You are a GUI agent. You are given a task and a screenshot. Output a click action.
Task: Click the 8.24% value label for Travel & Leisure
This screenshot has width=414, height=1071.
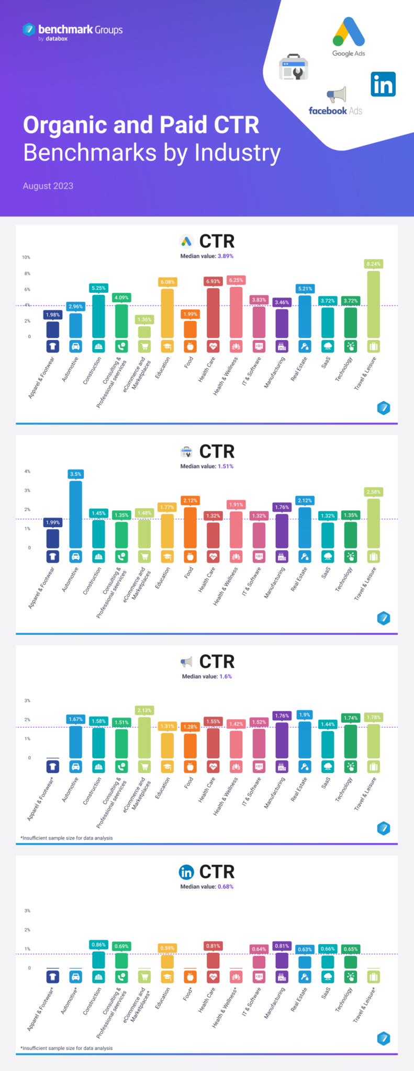coord(373,264)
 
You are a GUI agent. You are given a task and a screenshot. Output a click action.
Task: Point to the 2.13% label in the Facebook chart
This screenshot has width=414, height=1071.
coord(144,710)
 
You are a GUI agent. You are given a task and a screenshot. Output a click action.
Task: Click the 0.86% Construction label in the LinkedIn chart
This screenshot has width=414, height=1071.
coord(98,944)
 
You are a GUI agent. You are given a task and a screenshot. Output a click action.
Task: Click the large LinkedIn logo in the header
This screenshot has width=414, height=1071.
coord(383,85)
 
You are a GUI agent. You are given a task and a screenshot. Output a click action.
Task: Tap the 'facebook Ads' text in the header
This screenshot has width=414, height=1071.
coord(335,111)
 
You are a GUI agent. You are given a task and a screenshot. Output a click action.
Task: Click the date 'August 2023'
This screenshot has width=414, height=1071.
coord(48,186)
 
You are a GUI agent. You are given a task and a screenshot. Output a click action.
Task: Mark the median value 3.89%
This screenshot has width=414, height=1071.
coord(226,256)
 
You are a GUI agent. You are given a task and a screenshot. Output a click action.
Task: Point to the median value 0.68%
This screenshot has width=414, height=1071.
coord(226,886)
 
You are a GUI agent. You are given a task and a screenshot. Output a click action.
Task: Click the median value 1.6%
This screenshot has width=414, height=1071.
coord(226,676)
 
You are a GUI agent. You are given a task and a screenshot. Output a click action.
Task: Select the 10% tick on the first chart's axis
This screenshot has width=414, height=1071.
coord(26,257)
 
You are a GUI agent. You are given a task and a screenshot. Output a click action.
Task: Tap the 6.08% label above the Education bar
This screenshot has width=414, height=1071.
coord(167,282)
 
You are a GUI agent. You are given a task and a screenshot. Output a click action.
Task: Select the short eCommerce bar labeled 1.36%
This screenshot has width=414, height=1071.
coord(144,332)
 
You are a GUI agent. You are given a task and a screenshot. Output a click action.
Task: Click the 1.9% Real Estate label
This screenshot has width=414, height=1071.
coord(305,714)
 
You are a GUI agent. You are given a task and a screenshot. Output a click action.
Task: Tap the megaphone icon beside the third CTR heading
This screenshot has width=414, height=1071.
coord(186,662)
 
